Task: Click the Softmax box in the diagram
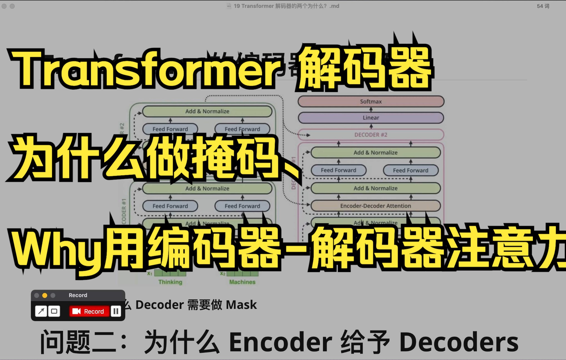point(371,102)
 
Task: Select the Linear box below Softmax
point(371,118)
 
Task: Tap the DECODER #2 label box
point(371,135)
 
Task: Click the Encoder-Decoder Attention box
point(375,206)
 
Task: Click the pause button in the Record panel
point(116,311)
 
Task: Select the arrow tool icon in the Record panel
point(41,311)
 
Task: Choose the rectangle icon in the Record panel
point(54,311)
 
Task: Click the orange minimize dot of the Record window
point(45,295)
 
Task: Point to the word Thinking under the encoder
point(170,282)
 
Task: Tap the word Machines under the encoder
point(242,282)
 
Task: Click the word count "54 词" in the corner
point(543,6)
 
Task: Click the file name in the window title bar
point(286,6)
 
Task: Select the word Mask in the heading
point(241,305)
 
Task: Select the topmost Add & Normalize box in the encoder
point(207,111)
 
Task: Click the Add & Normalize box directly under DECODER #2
point(375,152)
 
